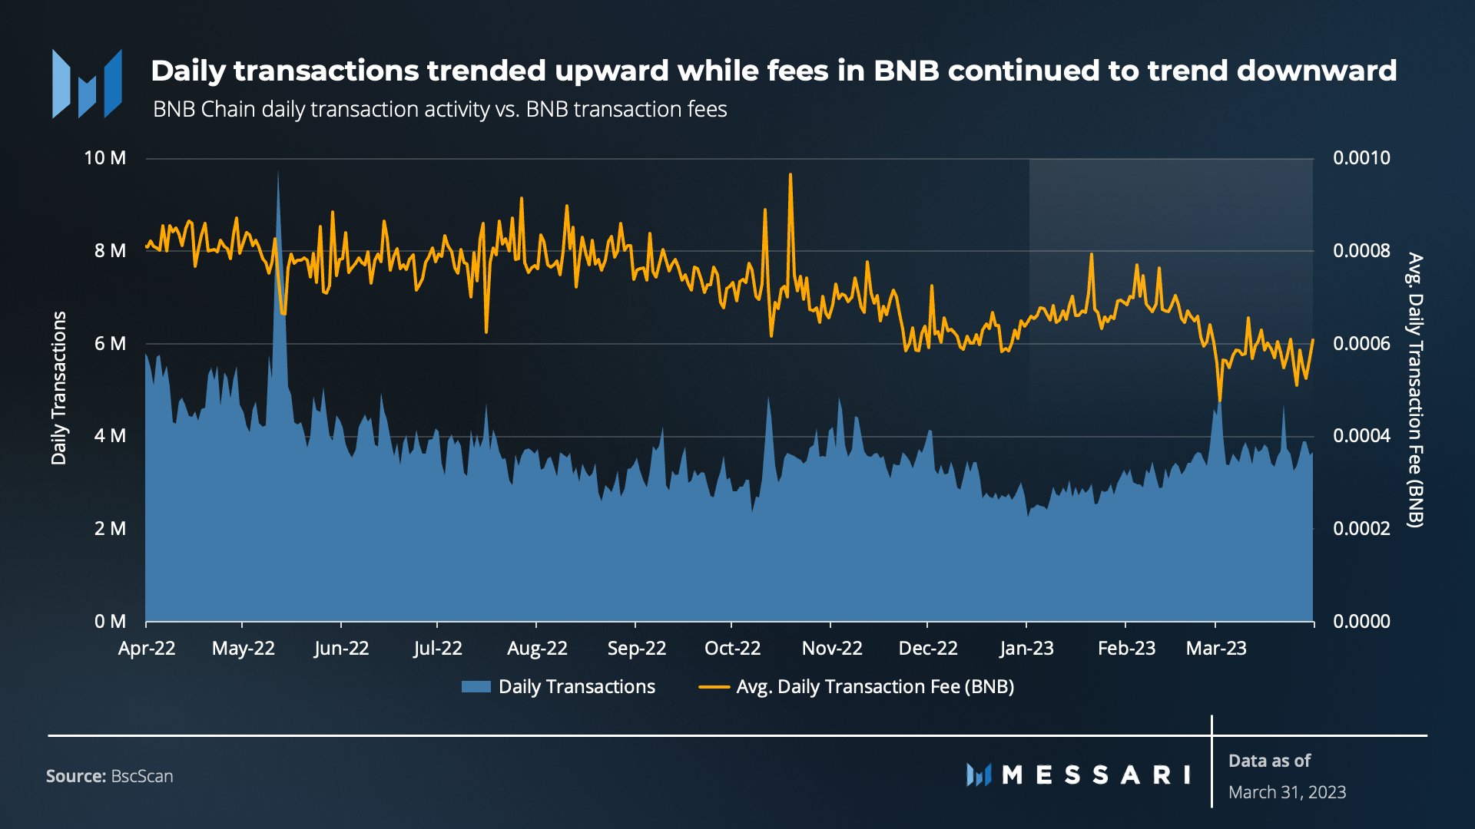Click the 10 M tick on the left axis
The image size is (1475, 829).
point(104,158)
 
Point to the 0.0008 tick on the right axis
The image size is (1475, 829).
point(1361,251)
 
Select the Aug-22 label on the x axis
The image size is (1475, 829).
point(537,649)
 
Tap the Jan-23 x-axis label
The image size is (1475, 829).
point(1026,649)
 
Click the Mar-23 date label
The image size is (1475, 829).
point(1216,649)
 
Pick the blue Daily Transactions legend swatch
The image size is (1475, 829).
point(476,687)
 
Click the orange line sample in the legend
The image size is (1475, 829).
point(714,687)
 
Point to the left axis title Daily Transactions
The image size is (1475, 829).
point(59,388)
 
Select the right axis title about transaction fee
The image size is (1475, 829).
point(1414,390)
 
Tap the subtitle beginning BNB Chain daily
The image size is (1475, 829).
point(439,110)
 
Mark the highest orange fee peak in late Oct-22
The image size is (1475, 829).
point(790,177)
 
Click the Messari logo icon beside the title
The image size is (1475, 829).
point(87,84)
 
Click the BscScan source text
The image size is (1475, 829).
point(142,776)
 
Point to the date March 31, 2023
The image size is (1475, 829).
point(1287,792)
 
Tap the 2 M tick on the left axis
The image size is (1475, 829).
point(110,529)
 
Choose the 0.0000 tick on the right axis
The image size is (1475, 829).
point(1361,622)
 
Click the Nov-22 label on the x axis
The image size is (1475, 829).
point(832,649)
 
